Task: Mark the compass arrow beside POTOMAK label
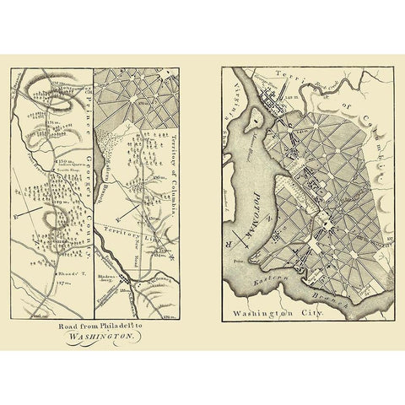[x=240, y=236]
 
